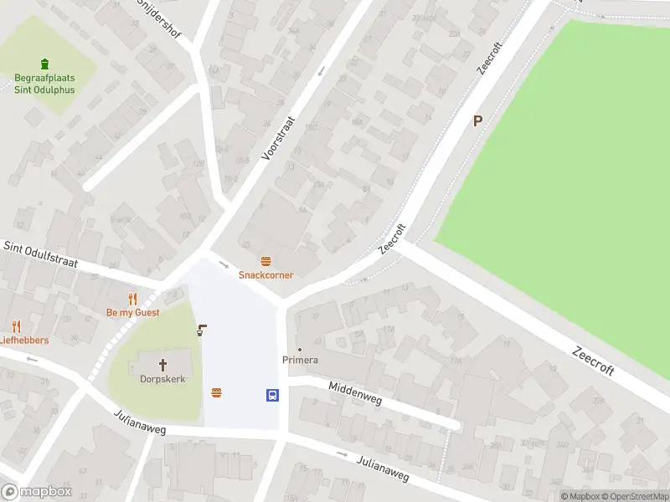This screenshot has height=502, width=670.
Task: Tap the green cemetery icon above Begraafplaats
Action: (44, 64)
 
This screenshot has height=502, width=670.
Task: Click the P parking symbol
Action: (478, 120)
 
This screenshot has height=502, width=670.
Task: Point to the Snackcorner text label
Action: (265, 274)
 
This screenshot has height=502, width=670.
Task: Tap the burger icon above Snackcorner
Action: (265, 261)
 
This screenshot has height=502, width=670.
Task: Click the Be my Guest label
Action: (132, 312)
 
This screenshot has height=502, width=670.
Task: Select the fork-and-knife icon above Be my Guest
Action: (131, 299)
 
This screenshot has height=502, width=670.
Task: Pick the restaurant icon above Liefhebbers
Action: (16, 326)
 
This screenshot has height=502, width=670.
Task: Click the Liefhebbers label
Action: (24, 341)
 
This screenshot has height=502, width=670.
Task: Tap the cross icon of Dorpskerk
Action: (162, 364)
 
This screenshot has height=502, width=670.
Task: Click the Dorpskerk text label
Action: (162, 378)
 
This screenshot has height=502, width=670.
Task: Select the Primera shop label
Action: (300, 360)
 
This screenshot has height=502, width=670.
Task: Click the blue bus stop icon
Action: (272, 395)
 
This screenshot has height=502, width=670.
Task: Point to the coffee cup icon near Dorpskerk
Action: (201, 330)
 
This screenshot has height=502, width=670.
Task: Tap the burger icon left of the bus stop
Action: (217, 392)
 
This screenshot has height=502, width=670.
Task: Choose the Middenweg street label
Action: (356, 394)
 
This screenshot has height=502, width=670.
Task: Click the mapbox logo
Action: (37, 491)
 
